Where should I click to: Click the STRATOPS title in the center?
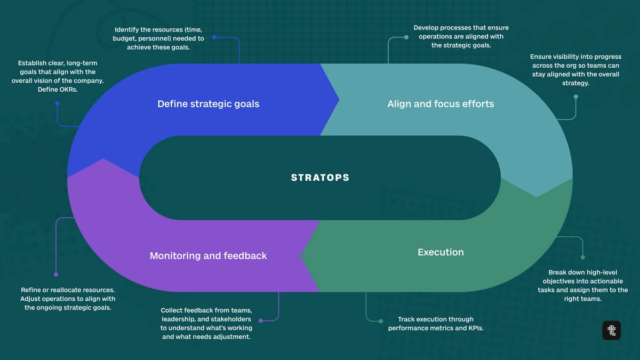tap(320, 178)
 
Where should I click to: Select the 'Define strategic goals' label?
tap(208, 104)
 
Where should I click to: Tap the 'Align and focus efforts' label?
tap(441, 104)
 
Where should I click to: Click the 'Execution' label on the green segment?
tap(441, 252)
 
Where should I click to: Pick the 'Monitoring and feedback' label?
tap(208, 256)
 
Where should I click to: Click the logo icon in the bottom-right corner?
tap(611, 331)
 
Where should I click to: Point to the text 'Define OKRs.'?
tap(58, 89)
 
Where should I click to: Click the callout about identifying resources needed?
tap(158, 38)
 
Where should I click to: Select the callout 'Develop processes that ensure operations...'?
tap(461, 37)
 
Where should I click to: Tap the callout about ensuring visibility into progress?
tap(575, 70)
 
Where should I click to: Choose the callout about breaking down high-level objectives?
tap(582, 285)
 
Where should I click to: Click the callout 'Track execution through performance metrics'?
tap(436, 324)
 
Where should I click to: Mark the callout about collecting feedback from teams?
tap(206, 324)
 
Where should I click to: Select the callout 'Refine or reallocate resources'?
tap(68, 299)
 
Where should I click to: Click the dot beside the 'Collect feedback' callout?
tap(260, 321)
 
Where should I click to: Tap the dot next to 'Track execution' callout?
tap(381, 321)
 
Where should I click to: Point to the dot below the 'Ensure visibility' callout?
tap(575, 97)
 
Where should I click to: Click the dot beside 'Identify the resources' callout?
tap(214, 37)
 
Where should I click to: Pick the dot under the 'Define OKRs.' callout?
tap(58, 103)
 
